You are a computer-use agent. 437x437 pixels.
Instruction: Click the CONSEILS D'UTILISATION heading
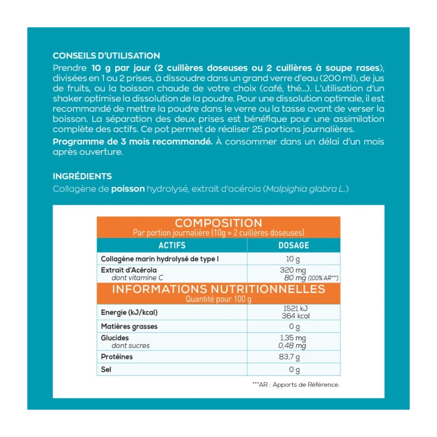(x=106, y=56)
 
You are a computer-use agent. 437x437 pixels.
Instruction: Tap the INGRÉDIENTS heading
(x=82, y=176)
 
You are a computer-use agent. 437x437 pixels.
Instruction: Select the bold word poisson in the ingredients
(x=128, y=189)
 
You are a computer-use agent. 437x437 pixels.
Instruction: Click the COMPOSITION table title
(x=218, y=223)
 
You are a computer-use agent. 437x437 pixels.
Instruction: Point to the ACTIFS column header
(x=172, y=245)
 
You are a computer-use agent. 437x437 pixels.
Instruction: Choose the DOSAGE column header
(x=294, y=245)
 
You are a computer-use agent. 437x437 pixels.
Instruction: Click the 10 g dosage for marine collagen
(x=294, y=259)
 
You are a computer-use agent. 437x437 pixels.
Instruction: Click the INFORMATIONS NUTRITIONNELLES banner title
(x=218, y=289)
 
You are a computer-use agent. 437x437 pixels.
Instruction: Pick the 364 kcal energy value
(x=294, y=316)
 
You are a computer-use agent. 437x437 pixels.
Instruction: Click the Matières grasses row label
(x=129, y=327)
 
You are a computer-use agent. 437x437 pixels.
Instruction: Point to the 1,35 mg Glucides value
(x=294, y=338)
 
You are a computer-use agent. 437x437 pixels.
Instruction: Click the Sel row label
(x=107, y=370)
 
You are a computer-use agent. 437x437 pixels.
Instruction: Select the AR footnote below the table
(x=296, y=385)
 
